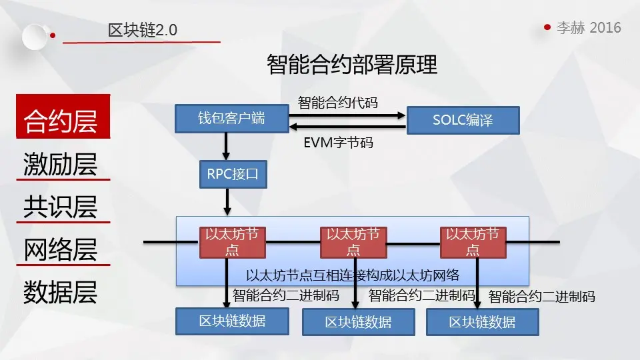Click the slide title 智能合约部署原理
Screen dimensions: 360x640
click(352, 66)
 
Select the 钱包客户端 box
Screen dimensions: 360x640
click(231, 119)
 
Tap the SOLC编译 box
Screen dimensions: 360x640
click(463, 121)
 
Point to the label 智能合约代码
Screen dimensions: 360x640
click(337, 103)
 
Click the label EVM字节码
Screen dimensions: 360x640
click(338, 142)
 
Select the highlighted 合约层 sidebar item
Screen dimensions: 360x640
click(61, 121)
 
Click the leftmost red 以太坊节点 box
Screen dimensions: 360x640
click(232, 242)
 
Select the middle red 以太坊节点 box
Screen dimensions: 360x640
click(353, 242)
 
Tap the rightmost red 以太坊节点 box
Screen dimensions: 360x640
click(473, 242)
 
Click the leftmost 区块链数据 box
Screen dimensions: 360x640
click(232, 321)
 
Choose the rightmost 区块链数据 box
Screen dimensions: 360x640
click(482, 322)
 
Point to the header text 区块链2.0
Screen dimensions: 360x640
click(143, 30)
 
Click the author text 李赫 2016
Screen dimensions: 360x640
click(589, 27)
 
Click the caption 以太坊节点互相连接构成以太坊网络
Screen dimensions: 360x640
click(353, 275)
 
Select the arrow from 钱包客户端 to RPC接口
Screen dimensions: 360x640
click(227, 146)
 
